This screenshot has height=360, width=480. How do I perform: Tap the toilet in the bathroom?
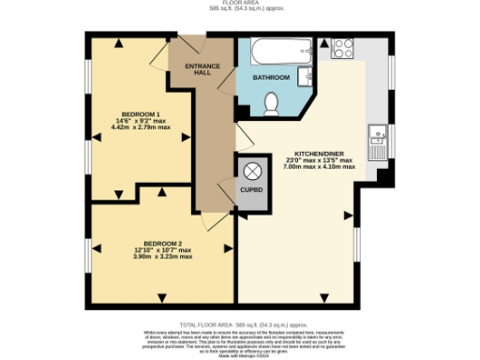[x=272, y=103]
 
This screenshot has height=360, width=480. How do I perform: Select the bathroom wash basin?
[x=305, y=75]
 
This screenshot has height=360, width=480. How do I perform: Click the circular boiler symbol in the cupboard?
[x=252, y=171]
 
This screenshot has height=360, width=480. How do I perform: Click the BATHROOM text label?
[x=271, y=78]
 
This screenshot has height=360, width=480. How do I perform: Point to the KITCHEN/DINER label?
[x=324, y=153]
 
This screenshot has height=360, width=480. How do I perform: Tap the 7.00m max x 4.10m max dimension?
[x=324, y=167]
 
